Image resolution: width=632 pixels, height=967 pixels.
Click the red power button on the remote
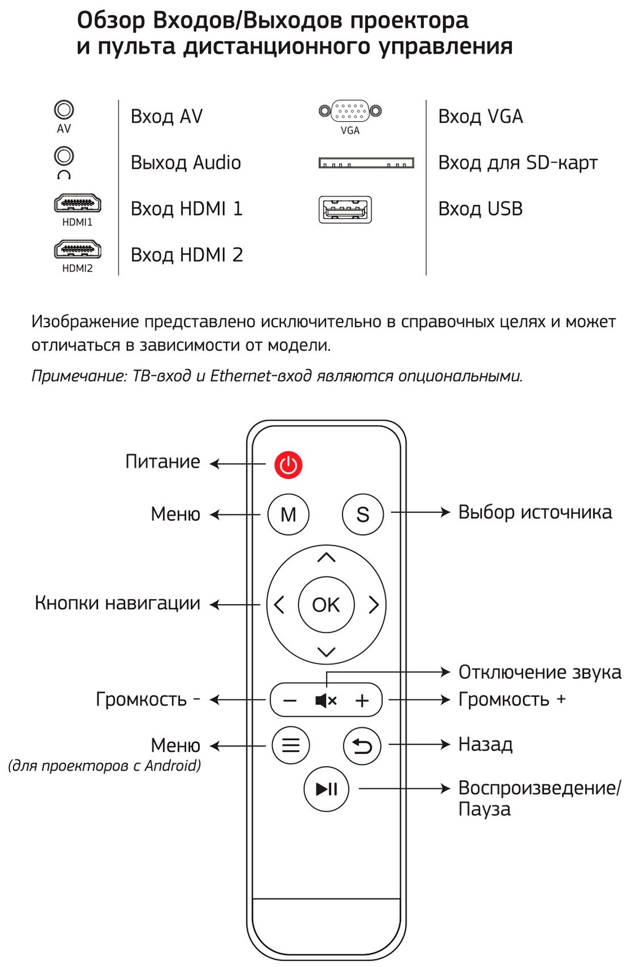point(288,465)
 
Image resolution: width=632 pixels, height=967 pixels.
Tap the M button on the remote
point(288,514)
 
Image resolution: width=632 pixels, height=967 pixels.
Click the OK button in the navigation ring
point(326,605)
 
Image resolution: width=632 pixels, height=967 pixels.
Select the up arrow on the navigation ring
point(326,558)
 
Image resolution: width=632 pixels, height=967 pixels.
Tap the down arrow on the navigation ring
point(326,652)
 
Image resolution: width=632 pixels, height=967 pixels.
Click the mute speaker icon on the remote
point(326,701)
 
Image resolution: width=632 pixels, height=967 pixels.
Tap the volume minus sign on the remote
point(290,701)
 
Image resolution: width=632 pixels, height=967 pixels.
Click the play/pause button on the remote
point(326,789)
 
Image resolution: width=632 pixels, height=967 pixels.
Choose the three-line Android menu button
point(291,745)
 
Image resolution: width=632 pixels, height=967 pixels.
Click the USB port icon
point(345,209)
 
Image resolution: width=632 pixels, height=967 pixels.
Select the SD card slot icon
point(366,163)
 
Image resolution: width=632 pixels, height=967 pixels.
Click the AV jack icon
point(64,110)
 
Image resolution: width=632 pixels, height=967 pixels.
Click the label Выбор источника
point(535,512)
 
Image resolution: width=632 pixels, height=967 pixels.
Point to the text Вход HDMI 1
point(186,209)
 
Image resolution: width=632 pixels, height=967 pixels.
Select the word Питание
point(163,461)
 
